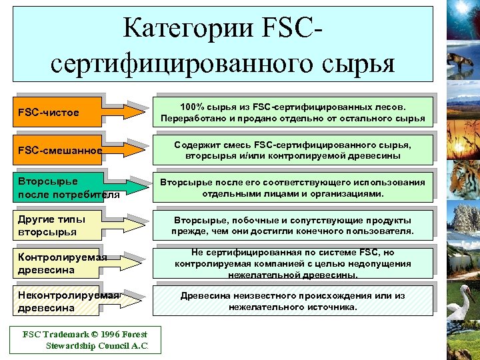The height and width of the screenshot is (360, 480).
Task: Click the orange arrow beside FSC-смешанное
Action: pyautogui.click(x=126, y=145)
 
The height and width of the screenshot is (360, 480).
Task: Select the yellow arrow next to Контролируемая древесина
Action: pyautogui.click(x=126, y=259)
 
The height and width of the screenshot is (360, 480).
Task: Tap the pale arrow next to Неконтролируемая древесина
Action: pyautogui.click(x=126, y=298)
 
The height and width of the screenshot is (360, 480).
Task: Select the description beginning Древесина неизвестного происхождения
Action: pyautogui.click(x=293, y=301)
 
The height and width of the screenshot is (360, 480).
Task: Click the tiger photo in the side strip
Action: pyautogui.click(x=461, y=180)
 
